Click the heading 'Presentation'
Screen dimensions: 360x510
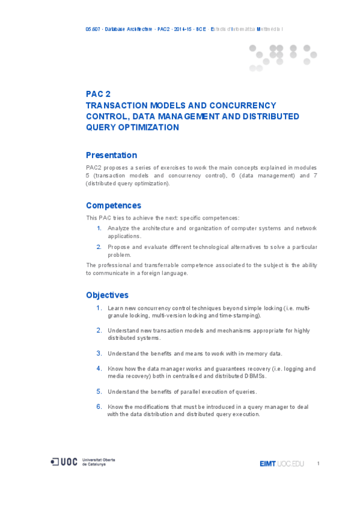[111, 155]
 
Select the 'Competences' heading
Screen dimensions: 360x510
[114, 206]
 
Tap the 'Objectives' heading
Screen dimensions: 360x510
[107, 295]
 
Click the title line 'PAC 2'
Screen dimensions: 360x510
[99, 94]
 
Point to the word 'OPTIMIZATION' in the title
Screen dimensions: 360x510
[148, 127]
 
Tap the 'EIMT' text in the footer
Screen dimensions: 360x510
[267, 464]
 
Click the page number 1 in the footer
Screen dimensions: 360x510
[318, 463]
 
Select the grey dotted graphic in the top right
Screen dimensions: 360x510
[282, 57]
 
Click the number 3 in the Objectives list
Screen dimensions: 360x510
[99, 353]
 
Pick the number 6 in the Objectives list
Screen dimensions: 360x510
[99, 407]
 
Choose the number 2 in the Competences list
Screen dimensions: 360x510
[99, 247]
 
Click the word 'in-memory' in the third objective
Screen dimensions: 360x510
[241, 354]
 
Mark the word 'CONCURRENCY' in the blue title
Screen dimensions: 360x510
[248, 105]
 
